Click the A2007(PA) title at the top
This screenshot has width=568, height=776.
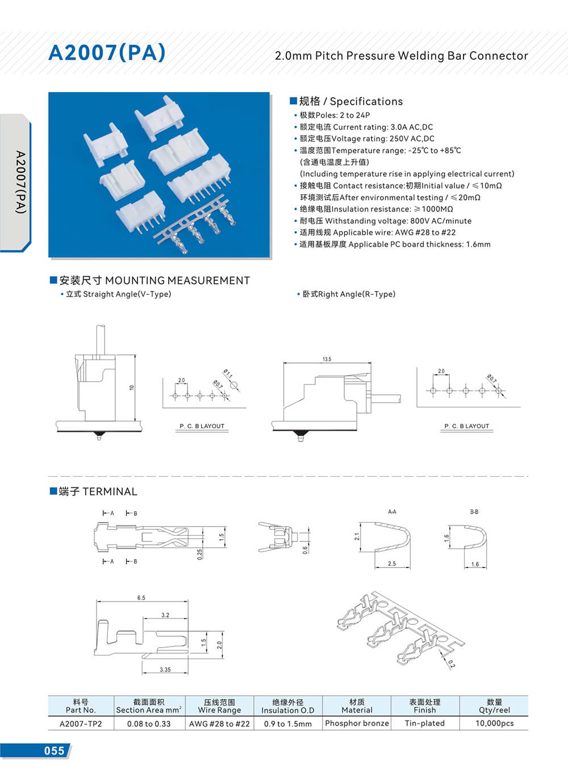click(107, 52)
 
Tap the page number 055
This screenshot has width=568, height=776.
click(54, 750)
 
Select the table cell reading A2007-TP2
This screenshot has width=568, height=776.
click(81, 724)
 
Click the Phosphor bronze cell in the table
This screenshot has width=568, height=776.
click(357, 723)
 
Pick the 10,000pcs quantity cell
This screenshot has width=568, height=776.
click(494, 723)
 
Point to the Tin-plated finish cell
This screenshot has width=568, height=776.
click(424, 723)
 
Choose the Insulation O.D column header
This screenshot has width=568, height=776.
click(287, 706)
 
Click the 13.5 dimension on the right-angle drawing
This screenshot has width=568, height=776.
click(327, 359)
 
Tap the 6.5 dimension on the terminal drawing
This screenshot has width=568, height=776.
click(141, 598)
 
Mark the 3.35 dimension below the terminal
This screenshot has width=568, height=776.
click(165, 670)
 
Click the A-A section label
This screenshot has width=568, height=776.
click(392, 512)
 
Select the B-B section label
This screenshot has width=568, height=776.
click(474, 512)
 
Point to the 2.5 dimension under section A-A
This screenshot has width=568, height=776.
click(392, 564)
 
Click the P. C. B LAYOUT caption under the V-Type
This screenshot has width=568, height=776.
click(202, 426)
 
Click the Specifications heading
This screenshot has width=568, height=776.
click(351, 102)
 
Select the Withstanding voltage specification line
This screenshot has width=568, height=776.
click(385, 221)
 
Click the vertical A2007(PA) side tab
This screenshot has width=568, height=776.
click(20, 182)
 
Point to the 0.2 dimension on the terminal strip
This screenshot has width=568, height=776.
click(451, 663)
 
